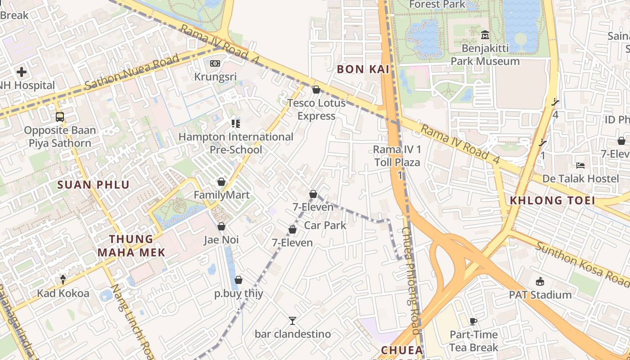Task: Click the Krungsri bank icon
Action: coord(215,64)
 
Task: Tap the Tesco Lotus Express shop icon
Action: coord(316,90)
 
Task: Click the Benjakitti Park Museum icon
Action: coord(485,35)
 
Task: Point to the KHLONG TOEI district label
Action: coord(552,201)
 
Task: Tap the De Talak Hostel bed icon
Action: coord(580,166)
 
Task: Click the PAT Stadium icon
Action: coord(540,282)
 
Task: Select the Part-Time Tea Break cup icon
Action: coord(473,321)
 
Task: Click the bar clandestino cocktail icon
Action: coord(292,321)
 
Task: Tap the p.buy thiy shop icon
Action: coord(238,280)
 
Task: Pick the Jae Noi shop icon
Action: coord(221,226)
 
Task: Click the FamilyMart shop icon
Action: coord(221,182)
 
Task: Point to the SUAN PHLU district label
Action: coord(94,184)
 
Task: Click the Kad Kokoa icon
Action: coord(63,280)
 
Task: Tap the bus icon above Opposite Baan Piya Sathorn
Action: coord(60,117)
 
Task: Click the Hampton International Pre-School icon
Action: coord(236,123)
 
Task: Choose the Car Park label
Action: coord(325,225)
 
